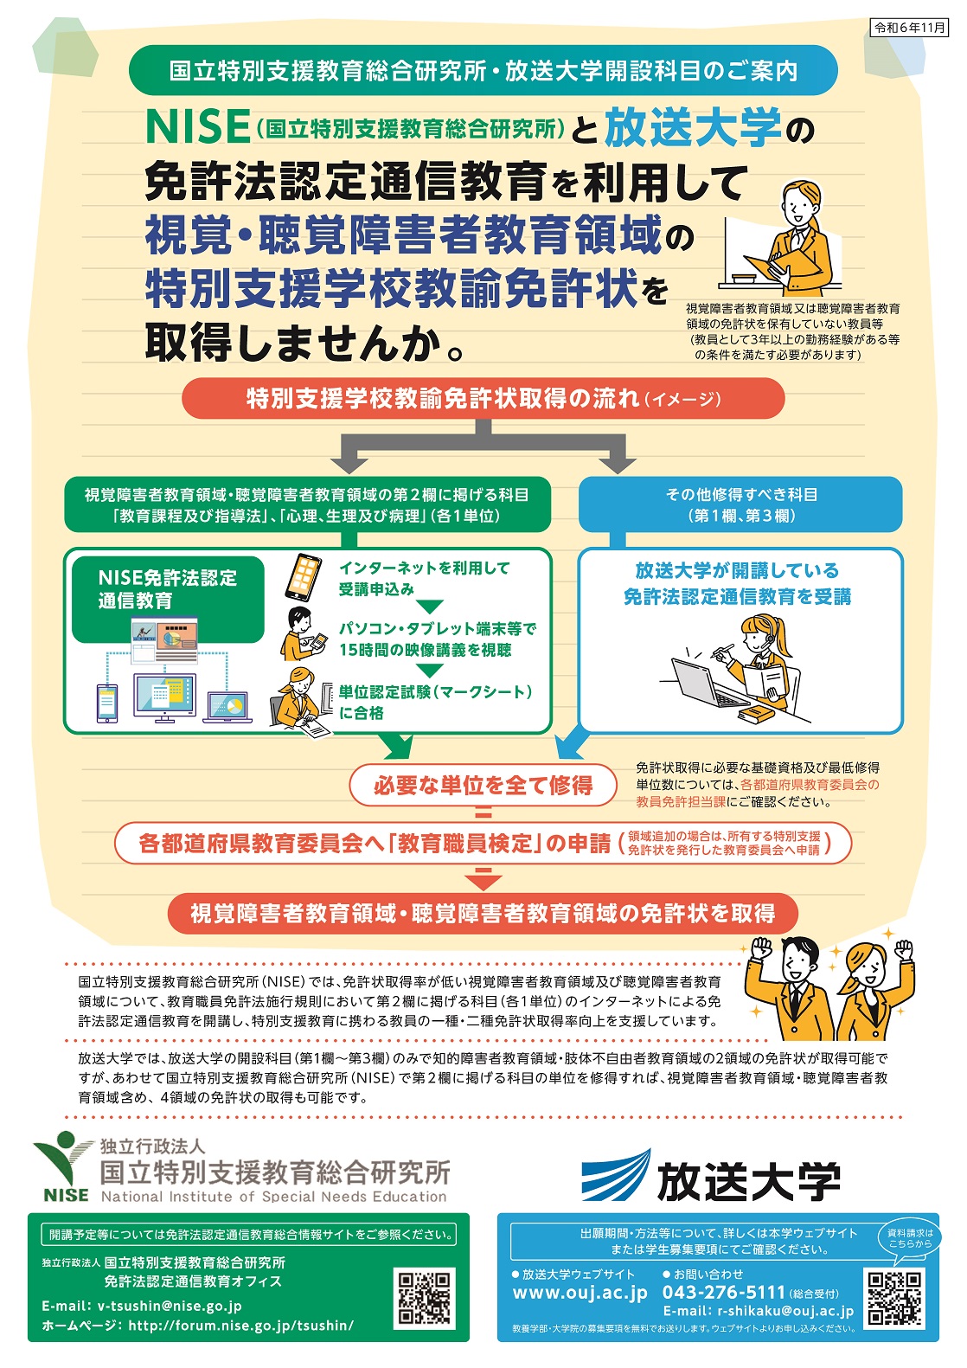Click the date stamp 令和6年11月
click(908, 28)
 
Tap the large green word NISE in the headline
click(198, 126)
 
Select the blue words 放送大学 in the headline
click(692, 127)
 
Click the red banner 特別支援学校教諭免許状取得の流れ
click(483, 398)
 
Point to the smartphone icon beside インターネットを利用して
click(304, 578)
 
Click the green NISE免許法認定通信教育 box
click(168, 599)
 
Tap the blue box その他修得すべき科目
click(740, 504)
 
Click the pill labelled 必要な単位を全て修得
click(483, 786)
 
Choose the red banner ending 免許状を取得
click(483, 914)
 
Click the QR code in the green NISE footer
click(425, 1299)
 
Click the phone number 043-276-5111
click(723, 1292)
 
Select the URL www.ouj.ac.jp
click(580, 1293)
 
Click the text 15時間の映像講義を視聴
click(426, 650)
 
